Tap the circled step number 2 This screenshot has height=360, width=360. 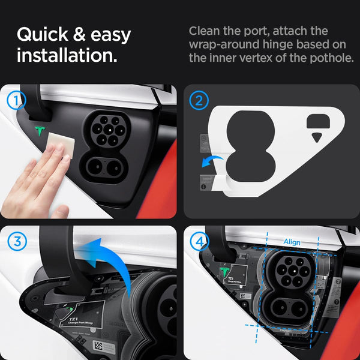(x=199, y=100)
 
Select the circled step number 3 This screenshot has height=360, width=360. (x=19, y=241)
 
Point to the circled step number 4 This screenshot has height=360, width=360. (x=199, y=241)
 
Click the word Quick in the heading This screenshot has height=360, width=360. (x=43, y=34)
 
